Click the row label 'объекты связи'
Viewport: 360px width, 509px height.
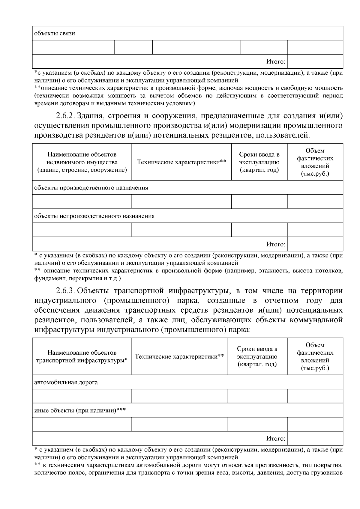pyautogui.click(x=55, y=33)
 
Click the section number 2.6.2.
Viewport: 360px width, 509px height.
pyautogui.click(x=65, y=116)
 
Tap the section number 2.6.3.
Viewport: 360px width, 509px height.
pyautogui.click(x=65, y=291)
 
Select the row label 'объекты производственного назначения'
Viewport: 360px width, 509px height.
pyautogui.click(x=91, y=188)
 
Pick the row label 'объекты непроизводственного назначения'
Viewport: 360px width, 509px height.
pyautogui.click(x=94, y=216)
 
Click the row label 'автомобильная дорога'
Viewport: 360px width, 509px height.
pyautogui.click(x=66, y=382)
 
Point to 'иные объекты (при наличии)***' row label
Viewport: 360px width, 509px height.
pyautogui.click(x=80, y=410)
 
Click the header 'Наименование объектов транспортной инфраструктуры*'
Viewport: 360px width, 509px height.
pyautogui.click(x=82, y=356)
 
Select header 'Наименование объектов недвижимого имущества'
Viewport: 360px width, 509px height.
pyautogui.click(x=82, y=162)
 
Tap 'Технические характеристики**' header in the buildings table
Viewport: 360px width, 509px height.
pyautogui.click(x=181, y=162)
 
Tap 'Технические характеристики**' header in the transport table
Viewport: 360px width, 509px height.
pyautogui.click(x=179, y=356)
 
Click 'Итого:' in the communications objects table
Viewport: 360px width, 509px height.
pyautogui.click(x=276, y=61)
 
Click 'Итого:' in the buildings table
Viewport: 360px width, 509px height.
pyautogui.click(x=276, y=244)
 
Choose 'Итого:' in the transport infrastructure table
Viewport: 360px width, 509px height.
pyautogui.click(x=276, y=439)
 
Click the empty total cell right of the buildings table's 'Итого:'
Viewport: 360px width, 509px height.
pyautogui.click(x=315, y=244)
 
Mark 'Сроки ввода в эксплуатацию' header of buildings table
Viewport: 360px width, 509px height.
pyautogui.click(x=259, y=162)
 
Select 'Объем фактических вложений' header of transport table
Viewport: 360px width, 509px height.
pyautogui.click(x=315, y=356)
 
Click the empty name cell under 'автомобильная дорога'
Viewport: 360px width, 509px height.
pyautogui.click(x=82, y=396)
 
